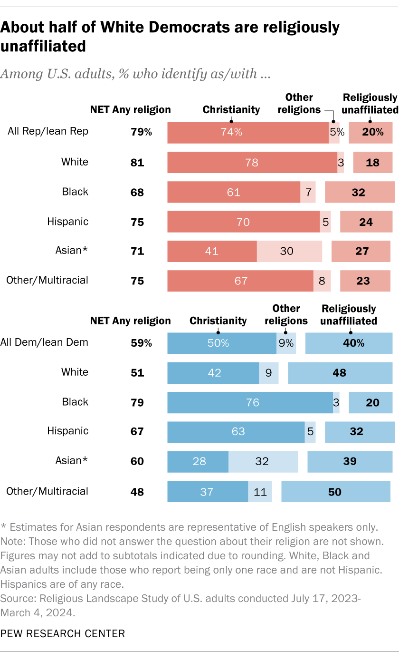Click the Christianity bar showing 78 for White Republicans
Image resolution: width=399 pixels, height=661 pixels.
click(x=252, y=162)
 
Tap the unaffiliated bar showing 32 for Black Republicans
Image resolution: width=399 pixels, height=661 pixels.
click(x=360, y=192)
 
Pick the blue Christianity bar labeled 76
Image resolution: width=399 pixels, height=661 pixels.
click(x=250, y=402)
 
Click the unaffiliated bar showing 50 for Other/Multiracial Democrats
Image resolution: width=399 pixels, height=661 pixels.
click(x=336, y=492)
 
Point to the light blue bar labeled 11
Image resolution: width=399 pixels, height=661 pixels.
click(x=260, y=492)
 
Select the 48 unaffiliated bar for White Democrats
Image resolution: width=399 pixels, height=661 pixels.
click(x=340, y=373)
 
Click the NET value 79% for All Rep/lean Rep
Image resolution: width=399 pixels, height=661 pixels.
click(x=141, y=132)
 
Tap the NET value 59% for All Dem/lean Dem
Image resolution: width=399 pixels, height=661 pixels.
click(x=141, y=342)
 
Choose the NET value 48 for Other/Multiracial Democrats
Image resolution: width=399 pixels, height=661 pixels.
click(x=137, y=492)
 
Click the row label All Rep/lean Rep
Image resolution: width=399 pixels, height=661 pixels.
click(x=48, y=132)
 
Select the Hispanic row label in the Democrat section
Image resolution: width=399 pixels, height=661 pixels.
click(x=67, y=431)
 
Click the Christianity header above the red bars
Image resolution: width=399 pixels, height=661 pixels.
click(x=231, y=110)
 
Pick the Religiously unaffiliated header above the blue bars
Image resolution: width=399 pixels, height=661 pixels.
click(x=349, y=314)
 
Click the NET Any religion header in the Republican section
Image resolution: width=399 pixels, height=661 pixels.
click(x=130, y=110)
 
